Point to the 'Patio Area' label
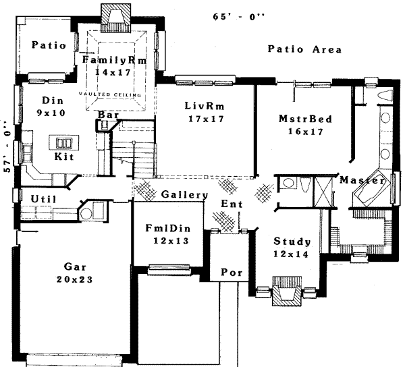click(x=304, y=49)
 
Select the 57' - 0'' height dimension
click(x=7, y=148)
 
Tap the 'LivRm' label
click(x=205, y=107)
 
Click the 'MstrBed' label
click(x=305, y=119)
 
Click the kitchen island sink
click(x=65, y=143)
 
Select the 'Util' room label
click(x=34, y=198)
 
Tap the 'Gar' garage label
click(x=74, y=266)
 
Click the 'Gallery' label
click(x=184, y=195)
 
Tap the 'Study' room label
click(x=292, y=242)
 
